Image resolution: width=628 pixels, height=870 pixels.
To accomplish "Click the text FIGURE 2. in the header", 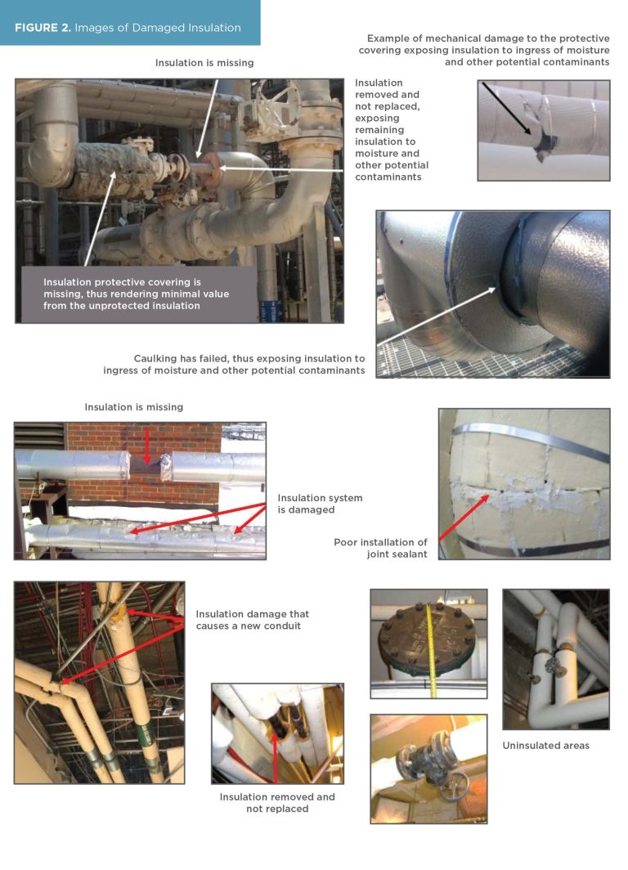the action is [43, 28].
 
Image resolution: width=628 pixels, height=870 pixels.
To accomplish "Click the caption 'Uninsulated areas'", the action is [546, 745].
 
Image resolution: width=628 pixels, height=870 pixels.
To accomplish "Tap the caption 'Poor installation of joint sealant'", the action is [380, 548].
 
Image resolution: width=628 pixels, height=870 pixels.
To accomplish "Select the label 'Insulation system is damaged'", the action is [320, 504].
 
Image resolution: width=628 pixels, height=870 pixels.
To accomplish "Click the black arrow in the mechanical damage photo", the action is [506, 108].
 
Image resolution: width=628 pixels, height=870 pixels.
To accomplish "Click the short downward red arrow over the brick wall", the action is [146, 445].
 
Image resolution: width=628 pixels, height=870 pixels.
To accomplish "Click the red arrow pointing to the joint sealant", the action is [464, 517].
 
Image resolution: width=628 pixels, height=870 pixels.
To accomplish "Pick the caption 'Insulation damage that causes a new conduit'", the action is [252, 620].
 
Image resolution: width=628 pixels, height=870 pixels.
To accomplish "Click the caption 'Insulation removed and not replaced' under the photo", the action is [277, 802].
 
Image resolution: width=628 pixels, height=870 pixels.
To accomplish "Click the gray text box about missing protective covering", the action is [139, 294].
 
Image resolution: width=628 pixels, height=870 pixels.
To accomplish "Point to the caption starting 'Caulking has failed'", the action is [234, 364].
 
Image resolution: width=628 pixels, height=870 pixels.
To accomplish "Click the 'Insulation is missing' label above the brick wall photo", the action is [134, 406].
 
